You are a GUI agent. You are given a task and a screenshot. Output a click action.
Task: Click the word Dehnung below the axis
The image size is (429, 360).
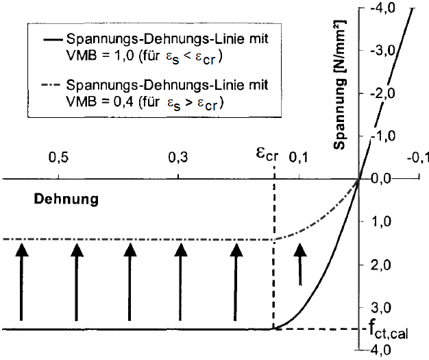pos(66,200)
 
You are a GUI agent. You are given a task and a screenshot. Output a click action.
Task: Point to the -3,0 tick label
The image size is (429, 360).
pos(381,51)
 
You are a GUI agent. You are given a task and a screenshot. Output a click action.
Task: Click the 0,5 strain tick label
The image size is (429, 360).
pos(58,158)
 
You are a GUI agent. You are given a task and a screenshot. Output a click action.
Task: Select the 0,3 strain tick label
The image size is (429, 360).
pos(177,158)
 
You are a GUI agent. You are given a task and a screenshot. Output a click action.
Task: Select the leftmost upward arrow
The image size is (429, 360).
pos(21,281)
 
